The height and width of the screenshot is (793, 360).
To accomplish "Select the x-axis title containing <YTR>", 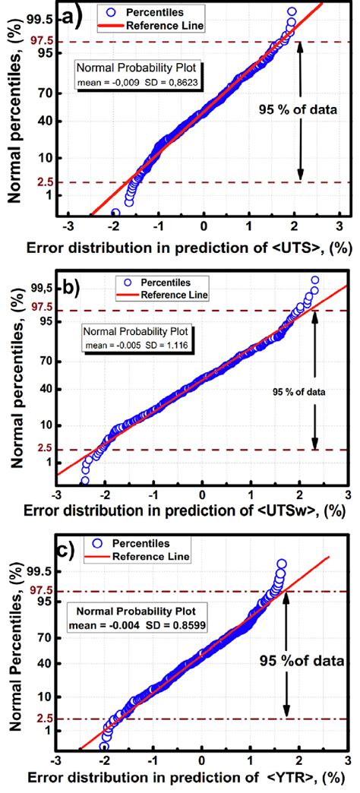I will point(190,780).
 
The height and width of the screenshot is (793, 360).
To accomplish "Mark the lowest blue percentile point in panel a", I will point(115,213).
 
